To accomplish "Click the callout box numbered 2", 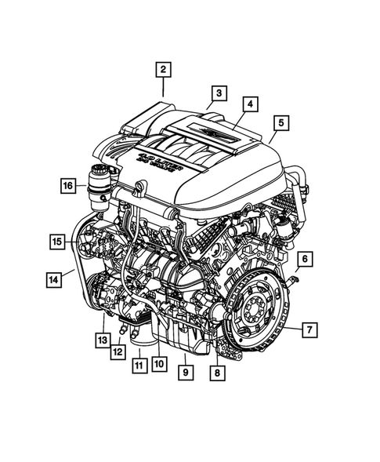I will point(163,71).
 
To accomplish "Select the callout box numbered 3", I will point(219,94).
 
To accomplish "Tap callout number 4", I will point(249,104).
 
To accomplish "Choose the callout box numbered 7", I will point(310,329).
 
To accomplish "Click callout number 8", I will point(215,374).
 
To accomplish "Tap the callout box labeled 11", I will point(138,366).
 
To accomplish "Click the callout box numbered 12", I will point(117,352).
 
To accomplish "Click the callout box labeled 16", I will point(68,186).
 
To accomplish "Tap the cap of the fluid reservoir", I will point(101,169).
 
